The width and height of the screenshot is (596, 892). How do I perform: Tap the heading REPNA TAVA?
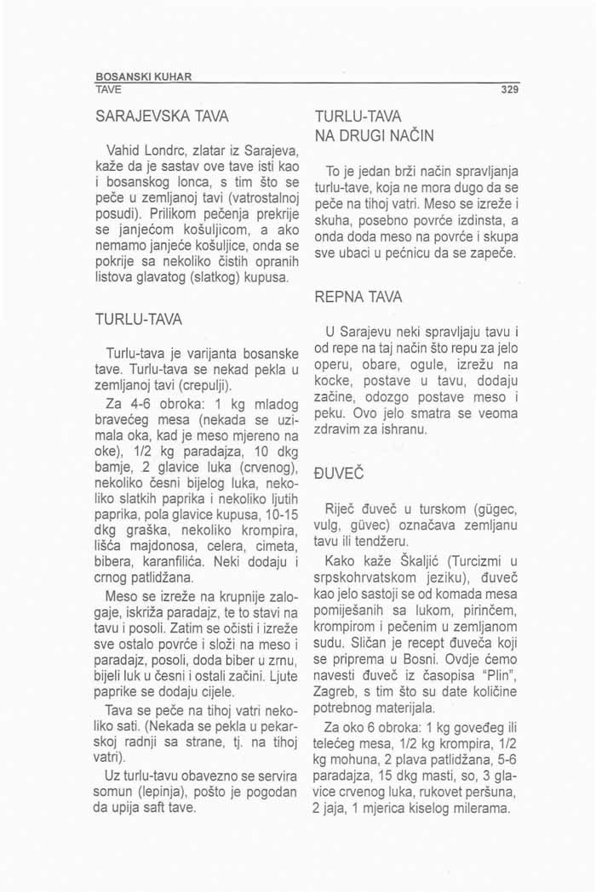click(x=362, y=300)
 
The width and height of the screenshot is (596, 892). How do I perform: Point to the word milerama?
click(x=484, y=807)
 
